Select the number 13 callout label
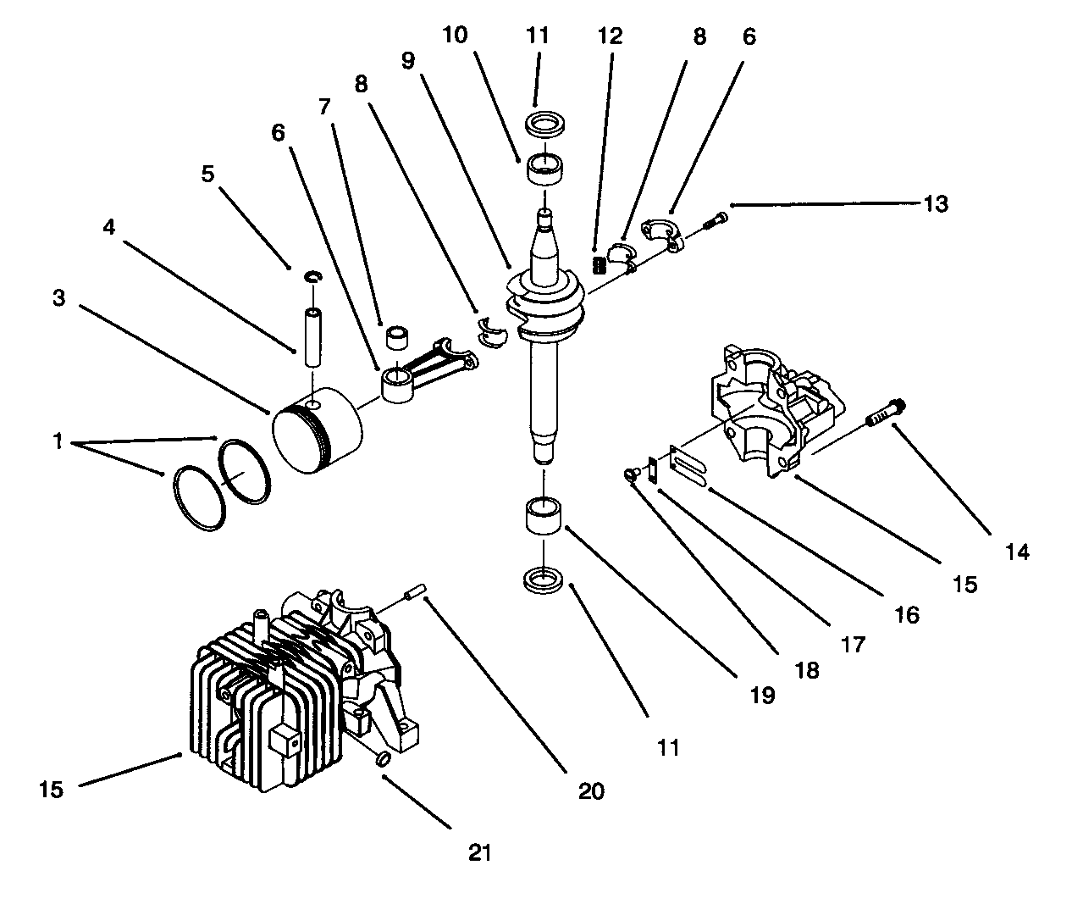pyautogui.click(x=935, y=204)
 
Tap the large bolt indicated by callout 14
pyautogui.click(x=884, y=413)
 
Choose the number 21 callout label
pyautogui.click(x=479, y=852)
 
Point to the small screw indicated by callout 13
pyautogui.click(x=714, y=222)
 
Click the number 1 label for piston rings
pyautogui.click(x=58, y=441)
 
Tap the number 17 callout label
pyautogui.click(x=853, y=644)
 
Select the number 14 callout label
pyautogui.click(x=1016, y=552)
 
